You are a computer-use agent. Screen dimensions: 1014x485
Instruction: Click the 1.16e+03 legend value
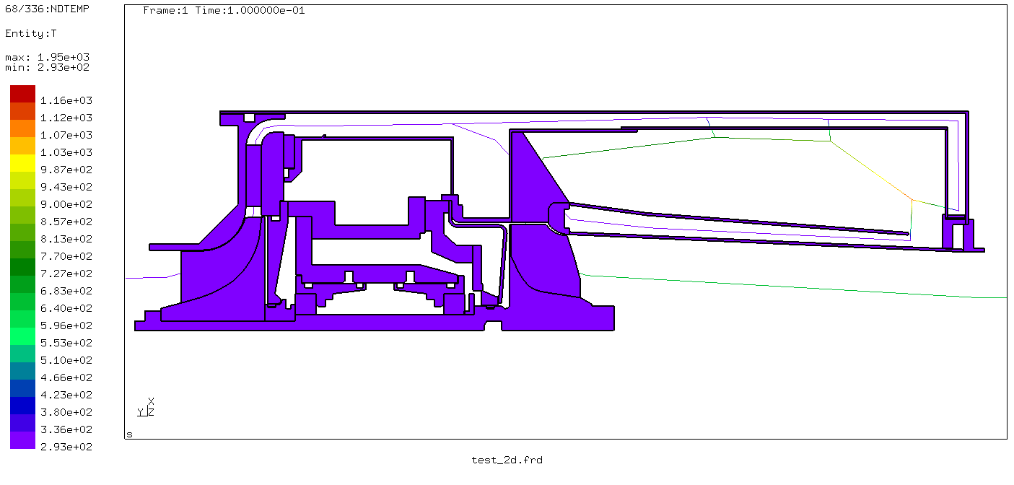[66, 100]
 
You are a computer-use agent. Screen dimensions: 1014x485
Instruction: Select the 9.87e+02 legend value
[66, 170]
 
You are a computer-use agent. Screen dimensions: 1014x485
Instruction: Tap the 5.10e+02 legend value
[66, 360]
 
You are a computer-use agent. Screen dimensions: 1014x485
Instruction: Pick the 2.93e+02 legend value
[66, 447]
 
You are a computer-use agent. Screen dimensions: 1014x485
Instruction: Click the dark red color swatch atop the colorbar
[22, 94]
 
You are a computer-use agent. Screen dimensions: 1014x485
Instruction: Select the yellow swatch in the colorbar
[22, 163]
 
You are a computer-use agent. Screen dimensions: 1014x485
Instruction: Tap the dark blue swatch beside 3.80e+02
[22, 406]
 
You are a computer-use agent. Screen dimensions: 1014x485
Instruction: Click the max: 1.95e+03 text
[47, 57]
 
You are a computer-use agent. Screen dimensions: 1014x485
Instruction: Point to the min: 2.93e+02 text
[47, 67]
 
